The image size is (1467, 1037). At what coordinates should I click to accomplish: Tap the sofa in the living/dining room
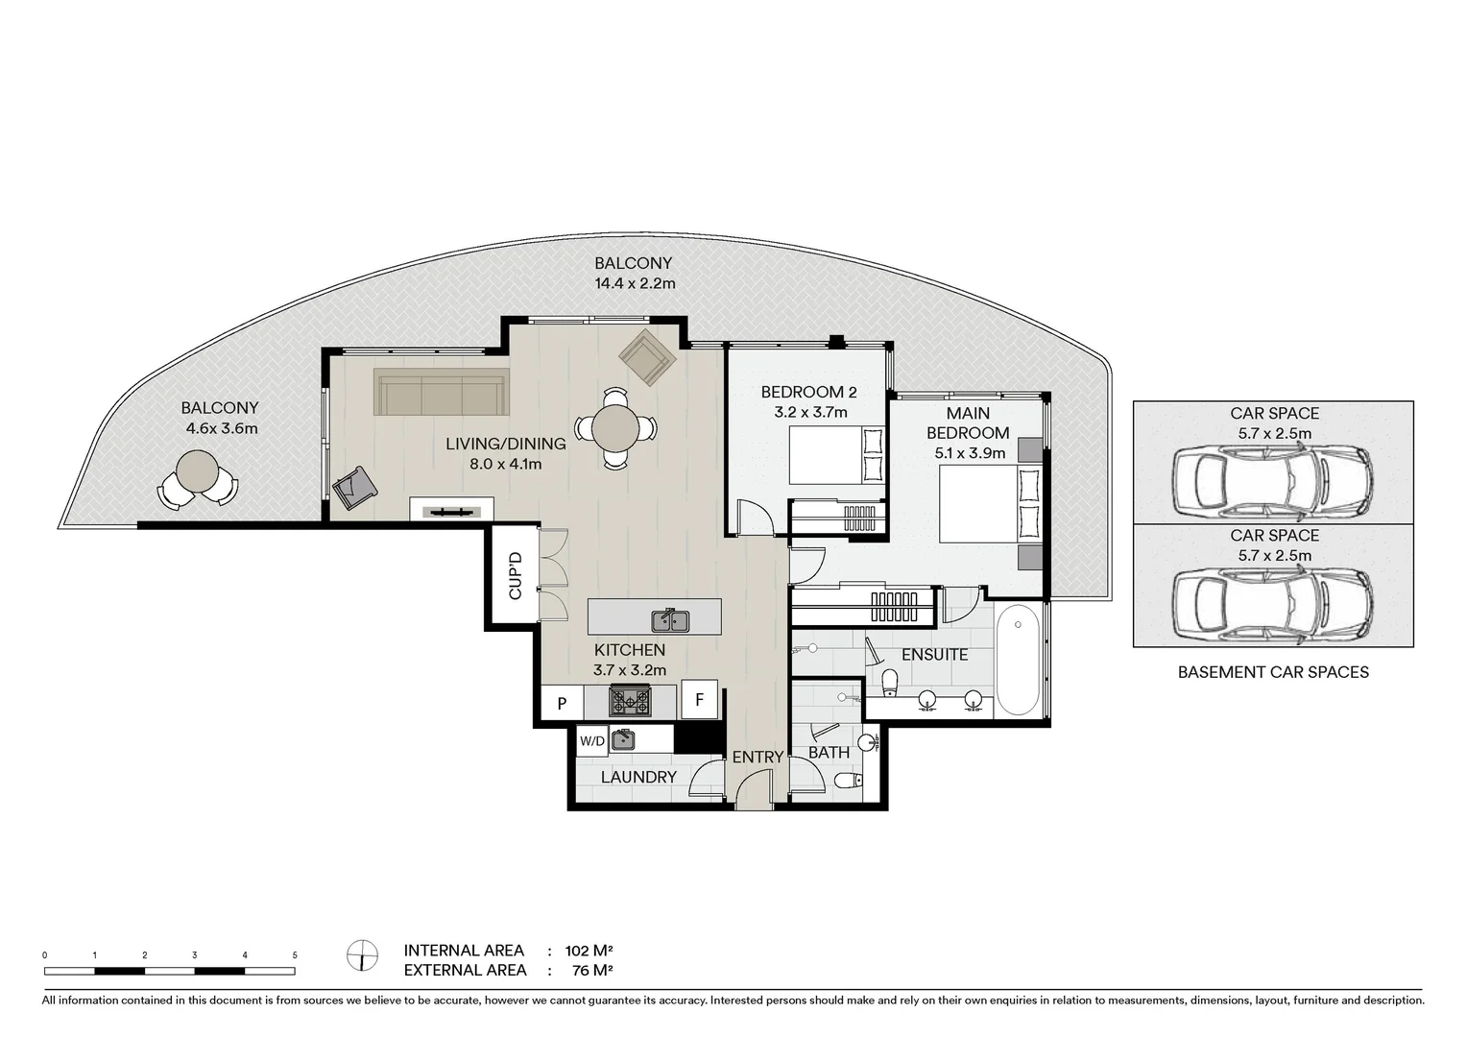click(x=441, y=391)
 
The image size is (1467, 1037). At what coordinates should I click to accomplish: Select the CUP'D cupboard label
click(x=515, y=576)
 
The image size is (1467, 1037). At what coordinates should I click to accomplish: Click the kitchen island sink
click(x=670, y=621)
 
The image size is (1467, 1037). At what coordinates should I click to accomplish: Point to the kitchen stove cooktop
click(x=631, y=702)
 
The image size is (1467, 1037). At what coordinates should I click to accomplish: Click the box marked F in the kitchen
click(x=700, y=700)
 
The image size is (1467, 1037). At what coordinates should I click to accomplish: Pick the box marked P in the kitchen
click(x=562, y=703)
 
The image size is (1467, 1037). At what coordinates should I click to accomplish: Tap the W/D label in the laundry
click(x=592, y=740)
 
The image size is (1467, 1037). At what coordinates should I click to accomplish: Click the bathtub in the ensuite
click(x=1018, y=660)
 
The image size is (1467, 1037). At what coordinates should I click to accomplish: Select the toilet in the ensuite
click(x=889, y=684)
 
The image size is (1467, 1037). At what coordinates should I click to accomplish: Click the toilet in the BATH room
click(x=847, y=781)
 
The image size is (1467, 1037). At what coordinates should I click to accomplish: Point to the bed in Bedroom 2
click(x=836, y=455)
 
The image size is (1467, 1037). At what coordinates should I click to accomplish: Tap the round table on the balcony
click(x=198, y=472)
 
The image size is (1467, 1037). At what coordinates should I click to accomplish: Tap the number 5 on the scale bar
click(x=295, y=955)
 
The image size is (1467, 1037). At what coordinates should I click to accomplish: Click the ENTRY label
click(x=758, y=758)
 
